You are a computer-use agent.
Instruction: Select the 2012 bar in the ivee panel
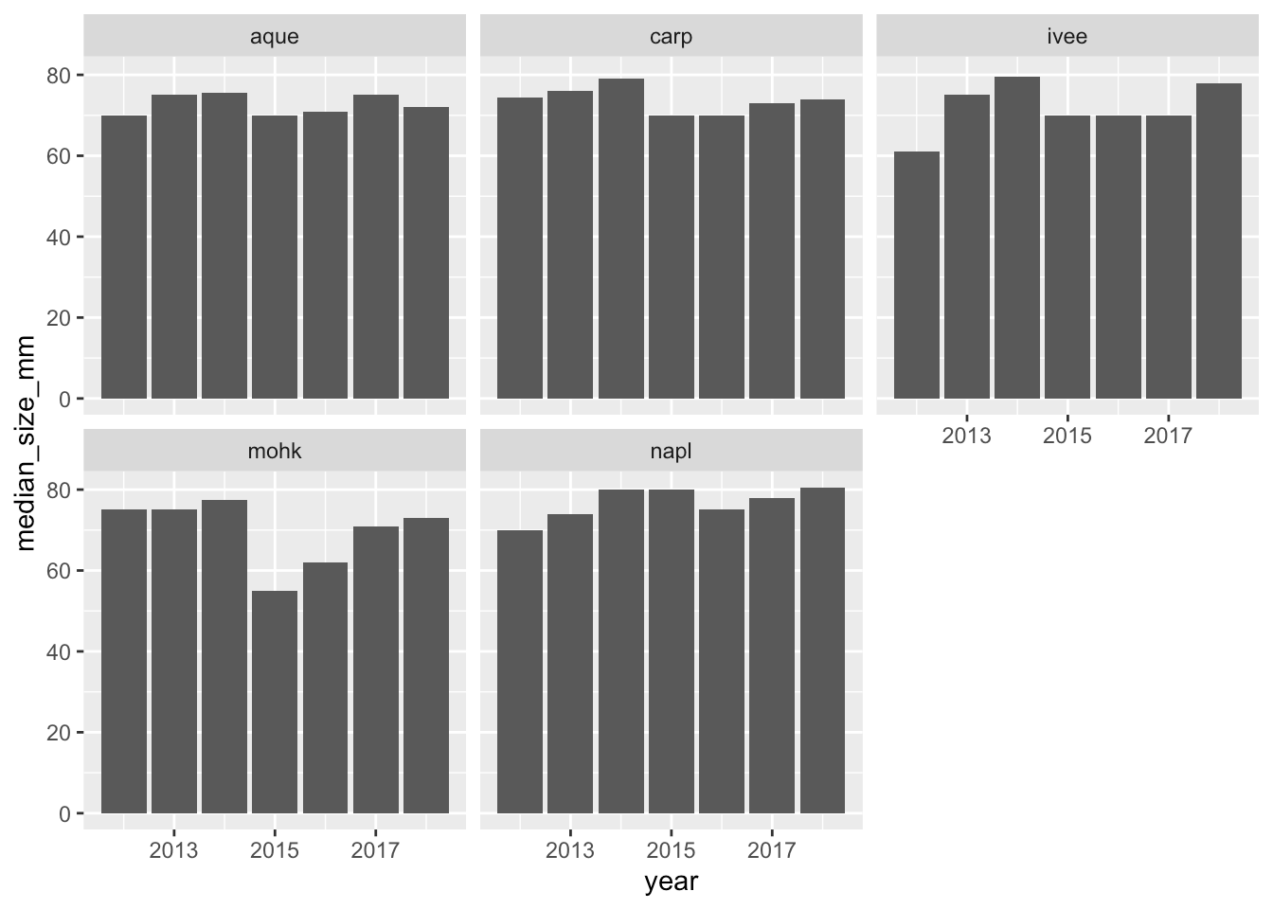point(917,275)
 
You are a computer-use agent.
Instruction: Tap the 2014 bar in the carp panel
point(621,238)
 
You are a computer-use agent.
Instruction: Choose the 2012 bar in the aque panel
point(124,257)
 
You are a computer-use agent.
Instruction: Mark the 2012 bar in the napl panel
point(520,671)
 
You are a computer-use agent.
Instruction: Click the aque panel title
point(275,37)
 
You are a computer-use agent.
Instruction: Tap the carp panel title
point(671,37)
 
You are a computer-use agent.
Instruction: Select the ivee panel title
point(1067,37)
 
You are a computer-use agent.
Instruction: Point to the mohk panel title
point(275,451)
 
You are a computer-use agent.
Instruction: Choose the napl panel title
point(671,451)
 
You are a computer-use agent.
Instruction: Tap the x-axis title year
point(671,882)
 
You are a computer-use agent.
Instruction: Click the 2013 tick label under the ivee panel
point(966,436)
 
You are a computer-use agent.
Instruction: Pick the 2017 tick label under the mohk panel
point(375,850)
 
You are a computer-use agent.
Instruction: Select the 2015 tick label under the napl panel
point(671,850)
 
